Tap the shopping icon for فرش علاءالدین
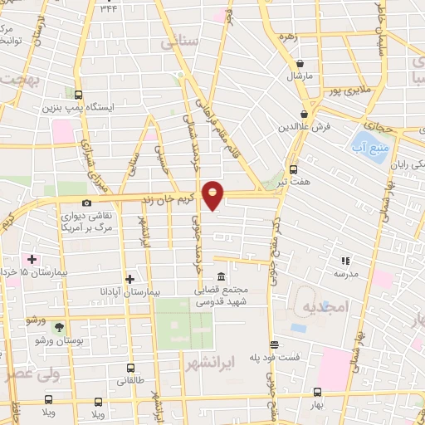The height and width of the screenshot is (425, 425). tap(305, 114)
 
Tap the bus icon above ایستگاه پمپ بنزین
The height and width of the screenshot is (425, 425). tap(78, 95)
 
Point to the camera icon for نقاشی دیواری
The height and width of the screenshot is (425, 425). tap(86, 203)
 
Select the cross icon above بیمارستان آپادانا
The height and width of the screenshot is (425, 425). tap(128, 279)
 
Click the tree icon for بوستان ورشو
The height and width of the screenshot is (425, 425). tap(58, 327)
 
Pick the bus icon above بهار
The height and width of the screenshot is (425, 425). tap(317, 393)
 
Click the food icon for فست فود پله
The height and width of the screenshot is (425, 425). tap(273, 344)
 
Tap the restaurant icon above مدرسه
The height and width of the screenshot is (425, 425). tap(345, 261)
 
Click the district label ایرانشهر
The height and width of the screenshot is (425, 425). tap(230, 362)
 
